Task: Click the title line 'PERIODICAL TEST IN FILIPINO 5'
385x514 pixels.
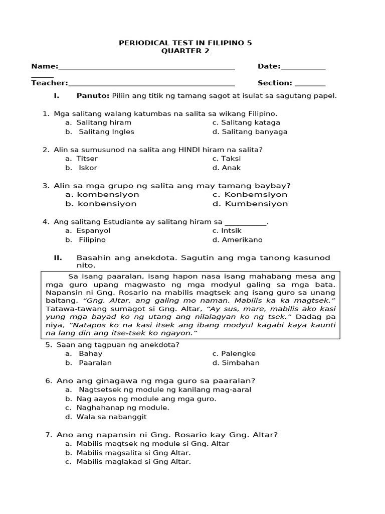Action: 185,43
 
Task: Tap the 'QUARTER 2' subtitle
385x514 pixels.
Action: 185,51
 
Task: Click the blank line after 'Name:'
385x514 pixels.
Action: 146,67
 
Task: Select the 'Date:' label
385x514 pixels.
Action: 269,66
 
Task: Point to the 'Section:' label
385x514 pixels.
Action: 275,83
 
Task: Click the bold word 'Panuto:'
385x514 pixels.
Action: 93,95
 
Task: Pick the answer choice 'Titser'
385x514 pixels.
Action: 87,159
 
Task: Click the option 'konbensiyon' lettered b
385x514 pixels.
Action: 106,204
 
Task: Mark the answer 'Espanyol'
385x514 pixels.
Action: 93,231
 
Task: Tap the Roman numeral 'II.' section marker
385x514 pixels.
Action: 58,258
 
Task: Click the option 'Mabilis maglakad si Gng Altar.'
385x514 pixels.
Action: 133,462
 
